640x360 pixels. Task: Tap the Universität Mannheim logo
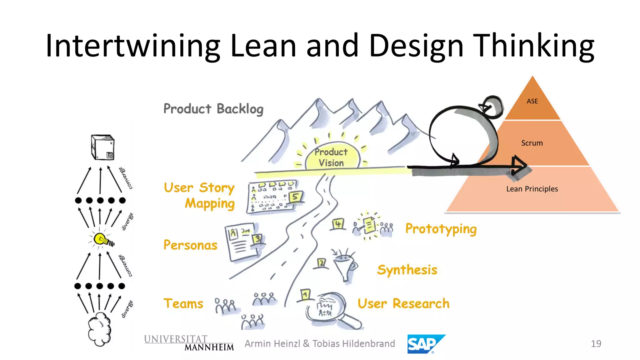click(189, 343)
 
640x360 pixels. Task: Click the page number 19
click(596, 344)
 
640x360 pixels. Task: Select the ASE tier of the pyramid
click(532, 101)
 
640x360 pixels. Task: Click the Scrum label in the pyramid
click(532, 143)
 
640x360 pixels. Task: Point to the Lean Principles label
click(532, 189)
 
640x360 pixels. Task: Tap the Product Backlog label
click(213, 109)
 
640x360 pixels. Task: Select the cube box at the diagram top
click(102, 147)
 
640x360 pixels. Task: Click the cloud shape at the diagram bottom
click(99, 329)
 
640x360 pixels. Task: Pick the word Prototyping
click(441, 229)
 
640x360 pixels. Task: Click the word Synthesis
click(407, 270)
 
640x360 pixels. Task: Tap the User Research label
click(403, 303)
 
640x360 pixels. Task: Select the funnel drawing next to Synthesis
click(344, 266)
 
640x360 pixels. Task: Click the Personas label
click(190, 245)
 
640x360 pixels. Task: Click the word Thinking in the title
click(533, 46)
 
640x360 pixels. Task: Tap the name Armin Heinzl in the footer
click(272, 344)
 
